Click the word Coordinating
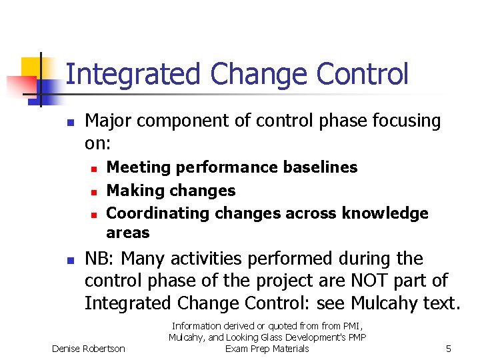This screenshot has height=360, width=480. click(x=158, y=213)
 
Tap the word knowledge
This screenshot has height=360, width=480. click(x=385, y=213)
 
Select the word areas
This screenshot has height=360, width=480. click(x=128, y=233)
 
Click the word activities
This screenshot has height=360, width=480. click(x=228, y=259)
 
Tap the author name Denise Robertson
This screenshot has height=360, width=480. click(x=88, y=349)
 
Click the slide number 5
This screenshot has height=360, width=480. click(x=449, y=349)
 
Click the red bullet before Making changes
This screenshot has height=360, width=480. click(x=94, y=192)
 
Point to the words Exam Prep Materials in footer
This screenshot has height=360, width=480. click(x=267, y=349)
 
